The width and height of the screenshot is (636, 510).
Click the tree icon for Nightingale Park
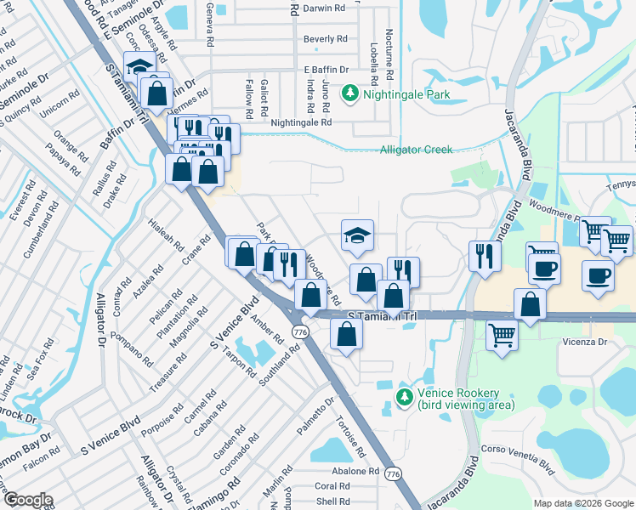click(x=349, y=93)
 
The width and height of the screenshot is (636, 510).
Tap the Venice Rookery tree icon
click(x=405, y=396)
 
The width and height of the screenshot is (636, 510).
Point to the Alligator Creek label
click(x=416, y=150)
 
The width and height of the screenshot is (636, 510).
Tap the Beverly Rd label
click(x=325, y=39)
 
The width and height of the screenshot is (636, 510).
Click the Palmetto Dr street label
click(x=316, y=416)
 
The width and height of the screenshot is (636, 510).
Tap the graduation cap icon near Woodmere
click(x=358, y=235)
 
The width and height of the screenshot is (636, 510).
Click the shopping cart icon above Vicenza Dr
click(x=502, y=335)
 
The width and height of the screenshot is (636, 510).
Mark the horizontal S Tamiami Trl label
click(x=384, y=315)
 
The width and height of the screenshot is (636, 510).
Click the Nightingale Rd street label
click(x=300, y=122)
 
